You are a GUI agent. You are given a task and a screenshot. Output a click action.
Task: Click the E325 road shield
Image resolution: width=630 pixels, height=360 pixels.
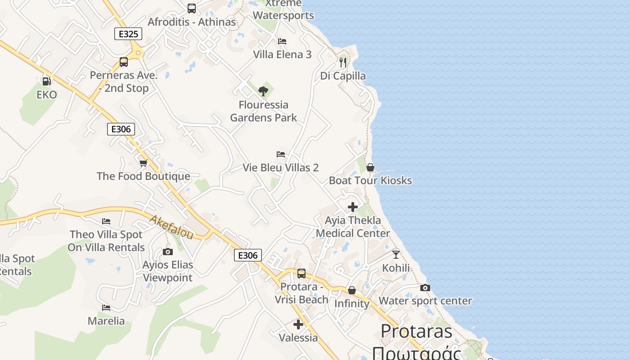click(x=128, y=34)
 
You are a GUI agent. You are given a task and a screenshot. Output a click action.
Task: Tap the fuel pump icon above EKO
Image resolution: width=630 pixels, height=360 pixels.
click(x=46, y=81)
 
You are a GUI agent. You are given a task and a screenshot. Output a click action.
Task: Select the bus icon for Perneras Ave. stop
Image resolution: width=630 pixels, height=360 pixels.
click(x=124, y=62)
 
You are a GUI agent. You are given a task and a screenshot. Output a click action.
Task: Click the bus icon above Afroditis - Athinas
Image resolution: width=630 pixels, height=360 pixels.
click(x=192, y=8)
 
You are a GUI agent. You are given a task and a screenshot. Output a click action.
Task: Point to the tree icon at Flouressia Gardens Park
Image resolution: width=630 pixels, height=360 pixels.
click(x=263, y=92)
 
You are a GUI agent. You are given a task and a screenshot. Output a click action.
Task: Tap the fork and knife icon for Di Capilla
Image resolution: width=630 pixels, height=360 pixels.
click(x=343, y=63)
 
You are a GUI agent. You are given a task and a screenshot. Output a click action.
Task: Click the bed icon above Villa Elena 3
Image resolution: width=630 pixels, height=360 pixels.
click(x=282, y=41)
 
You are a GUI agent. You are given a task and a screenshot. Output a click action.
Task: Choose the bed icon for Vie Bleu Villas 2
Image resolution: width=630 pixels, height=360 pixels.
click(x=281, y=154)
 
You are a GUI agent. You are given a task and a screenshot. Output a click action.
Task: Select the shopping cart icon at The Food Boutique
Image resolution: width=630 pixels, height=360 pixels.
click(x=143, y=163)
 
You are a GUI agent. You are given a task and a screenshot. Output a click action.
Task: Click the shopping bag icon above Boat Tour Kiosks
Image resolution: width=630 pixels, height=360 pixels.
click(x=370, y=167)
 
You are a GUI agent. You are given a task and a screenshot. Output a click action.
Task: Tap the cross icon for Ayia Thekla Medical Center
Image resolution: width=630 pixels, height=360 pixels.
click(x=353, y=207)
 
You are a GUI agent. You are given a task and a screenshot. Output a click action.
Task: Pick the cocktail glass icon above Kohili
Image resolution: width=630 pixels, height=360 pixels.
click(x=396, y=255)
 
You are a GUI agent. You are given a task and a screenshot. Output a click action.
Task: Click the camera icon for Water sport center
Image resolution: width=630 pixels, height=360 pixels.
click(x=425, y=288)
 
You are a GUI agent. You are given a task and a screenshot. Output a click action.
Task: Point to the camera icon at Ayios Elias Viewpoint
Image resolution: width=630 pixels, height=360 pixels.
click(x=168, y=252)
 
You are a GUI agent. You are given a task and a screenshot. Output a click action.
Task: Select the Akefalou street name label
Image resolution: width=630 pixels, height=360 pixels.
click(x=171, y=227)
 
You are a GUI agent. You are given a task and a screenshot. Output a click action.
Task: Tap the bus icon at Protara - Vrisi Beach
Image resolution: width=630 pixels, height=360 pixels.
click(x=301, y=273)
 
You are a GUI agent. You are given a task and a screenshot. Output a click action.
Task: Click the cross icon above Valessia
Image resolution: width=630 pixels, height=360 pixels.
click(x=298, y=324)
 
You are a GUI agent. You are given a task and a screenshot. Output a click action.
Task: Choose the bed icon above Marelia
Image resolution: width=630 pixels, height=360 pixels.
click(x=106, y=308)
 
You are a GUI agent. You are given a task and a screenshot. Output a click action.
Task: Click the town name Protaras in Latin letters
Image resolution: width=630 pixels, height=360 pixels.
click(x=417, y=332)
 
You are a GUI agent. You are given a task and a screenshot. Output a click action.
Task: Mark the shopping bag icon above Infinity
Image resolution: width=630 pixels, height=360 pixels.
click(x=352, y=291)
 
